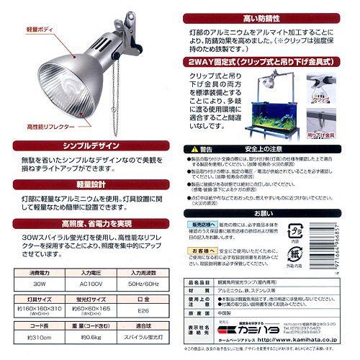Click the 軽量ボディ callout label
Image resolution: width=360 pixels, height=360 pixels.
coord(34,31)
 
